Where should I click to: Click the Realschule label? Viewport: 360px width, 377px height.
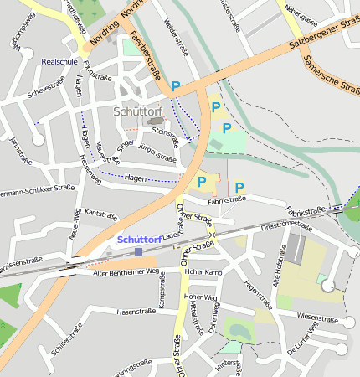(59, 62)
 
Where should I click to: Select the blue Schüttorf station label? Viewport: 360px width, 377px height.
(139, 239)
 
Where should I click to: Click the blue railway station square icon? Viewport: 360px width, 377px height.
(138, 250)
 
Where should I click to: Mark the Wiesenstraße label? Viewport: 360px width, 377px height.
(317, 318)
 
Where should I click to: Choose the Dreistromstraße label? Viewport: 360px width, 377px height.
(286, 225)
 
